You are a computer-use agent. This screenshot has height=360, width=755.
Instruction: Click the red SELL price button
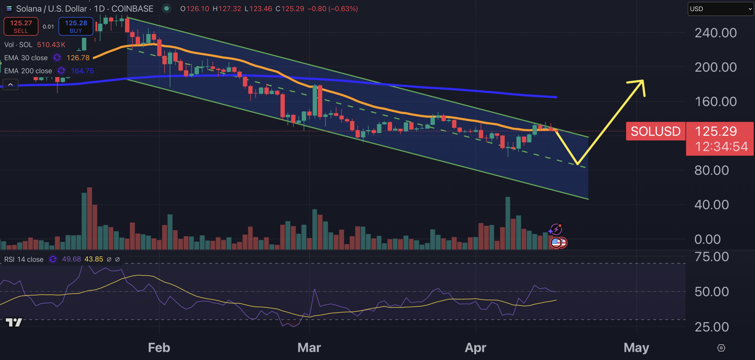21,26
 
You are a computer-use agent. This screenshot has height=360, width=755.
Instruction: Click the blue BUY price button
76,26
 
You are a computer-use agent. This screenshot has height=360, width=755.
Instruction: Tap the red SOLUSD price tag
655,131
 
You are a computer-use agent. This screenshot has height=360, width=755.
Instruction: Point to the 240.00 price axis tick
715,33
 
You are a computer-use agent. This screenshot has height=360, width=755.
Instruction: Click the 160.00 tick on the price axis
715,102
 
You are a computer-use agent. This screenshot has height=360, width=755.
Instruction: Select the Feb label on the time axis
159,348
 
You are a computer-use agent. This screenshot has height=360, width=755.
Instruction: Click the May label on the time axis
636,348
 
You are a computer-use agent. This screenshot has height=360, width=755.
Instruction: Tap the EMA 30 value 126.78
78,58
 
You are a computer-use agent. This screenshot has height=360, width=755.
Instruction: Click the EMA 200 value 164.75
82,71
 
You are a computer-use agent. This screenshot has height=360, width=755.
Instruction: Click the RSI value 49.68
71,259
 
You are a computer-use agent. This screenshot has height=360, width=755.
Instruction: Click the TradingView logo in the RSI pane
14,323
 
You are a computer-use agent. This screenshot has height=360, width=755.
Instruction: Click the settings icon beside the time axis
721,348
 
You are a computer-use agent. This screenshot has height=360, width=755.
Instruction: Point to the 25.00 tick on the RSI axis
712,327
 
